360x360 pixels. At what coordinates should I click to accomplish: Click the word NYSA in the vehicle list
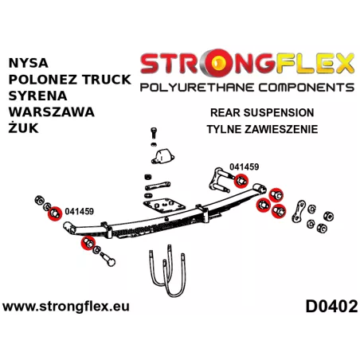28,63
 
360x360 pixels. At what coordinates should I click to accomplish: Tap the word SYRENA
37,96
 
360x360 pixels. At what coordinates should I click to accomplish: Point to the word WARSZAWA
52,112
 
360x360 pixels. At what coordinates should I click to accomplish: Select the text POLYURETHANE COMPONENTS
247,88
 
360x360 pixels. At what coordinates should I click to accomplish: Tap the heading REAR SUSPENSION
262,112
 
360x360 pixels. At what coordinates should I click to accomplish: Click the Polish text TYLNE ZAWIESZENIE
262,129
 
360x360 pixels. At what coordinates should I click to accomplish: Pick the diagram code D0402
331,307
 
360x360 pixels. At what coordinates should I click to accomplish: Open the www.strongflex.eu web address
66,307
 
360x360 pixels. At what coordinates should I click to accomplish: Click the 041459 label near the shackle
244,166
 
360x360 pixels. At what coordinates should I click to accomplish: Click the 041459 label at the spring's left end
79,211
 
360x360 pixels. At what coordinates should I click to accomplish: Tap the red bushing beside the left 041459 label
54,213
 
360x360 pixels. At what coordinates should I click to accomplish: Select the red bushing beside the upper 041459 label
241,181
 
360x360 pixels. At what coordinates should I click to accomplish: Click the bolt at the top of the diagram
154,132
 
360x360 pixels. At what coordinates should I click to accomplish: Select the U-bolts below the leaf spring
167,271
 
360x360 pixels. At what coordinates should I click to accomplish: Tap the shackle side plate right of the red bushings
299,211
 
